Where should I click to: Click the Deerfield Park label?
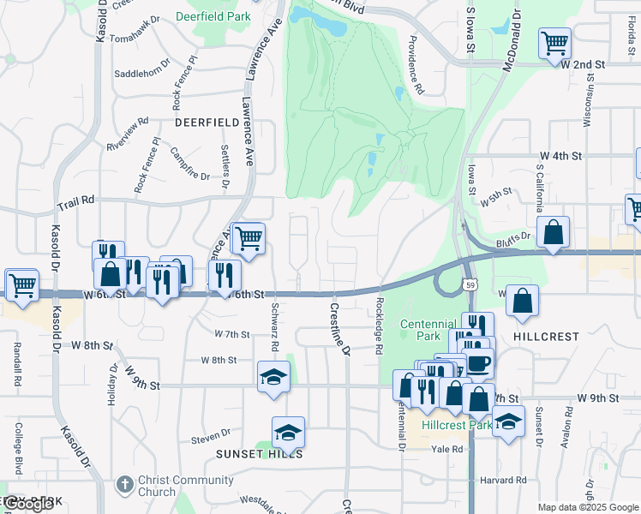[213, 15]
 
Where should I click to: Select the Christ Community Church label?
[157, 486]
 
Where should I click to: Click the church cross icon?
[124, 485]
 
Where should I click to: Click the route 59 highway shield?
[470, 284]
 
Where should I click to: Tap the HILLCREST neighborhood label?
[546, 337]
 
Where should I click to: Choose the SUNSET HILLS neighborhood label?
[259, 453]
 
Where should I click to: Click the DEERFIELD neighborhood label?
[207, 123]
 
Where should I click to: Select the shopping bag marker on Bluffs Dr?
[554, 232]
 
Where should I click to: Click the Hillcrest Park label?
[456, 425]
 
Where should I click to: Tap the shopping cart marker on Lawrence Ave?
[248, 238]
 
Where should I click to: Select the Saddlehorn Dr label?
[143, 73]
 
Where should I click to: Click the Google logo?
[28, 505]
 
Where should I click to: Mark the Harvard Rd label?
[503, 480]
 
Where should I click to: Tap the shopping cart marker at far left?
[21, 284]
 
